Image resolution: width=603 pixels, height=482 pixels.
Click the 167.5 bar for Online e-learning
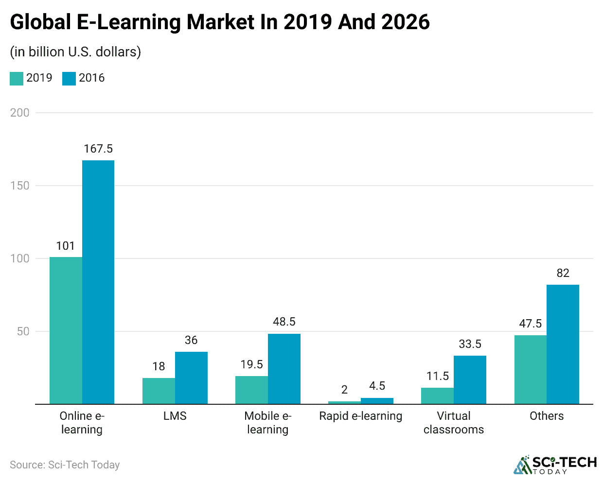tap(98, 282)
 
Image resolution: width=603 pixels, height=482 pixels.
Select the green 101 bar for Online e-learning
tap(66, 330)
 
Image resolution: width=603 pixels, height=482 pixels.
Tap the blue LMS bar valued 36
tap(191, 378)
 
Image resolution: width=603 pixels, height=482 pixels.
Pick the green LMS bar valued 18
tap(159, 391)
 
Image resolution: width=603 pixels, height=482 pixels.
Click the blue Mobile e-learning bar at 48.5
tap(284, 369)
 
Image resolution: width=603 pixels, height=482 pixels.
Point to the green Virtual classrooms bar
tap(437, 396)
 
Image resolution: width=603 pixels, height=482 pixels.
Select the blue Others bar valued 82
tap(563, 344)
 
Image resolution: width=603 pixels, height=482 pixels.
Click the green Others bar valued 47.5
tap(530, 369)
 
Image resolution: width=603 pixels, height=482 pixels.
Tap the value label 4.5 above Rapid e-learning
tap(377, 386)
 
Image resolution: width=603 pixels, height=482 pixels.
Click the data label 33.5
tap(470, 344)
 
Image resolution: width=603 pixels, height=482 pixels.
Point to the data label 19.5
tap(251, 364)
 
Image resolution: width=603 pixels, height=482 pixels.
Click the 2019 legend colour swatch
tap(17, 78)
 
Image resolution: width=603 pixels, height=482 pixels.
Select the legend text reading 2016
tap(91, 78)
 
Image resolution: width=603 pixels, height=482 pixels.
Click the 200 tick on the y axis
tap(20, 113)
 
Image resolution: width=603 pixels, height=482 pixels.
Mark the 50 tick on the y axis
tap(23, 331)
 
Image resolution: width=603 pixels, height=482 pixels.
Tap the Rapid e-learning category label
tap(360, 416)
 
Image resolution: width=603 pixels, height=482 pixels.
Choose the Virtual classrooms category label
tap(453, 423)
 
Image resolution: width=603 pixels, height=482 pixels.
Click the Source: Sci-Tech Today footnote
tap(65, 465)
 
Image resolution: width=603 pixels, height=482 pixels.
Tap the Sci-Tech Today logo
tap(555, 465)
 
